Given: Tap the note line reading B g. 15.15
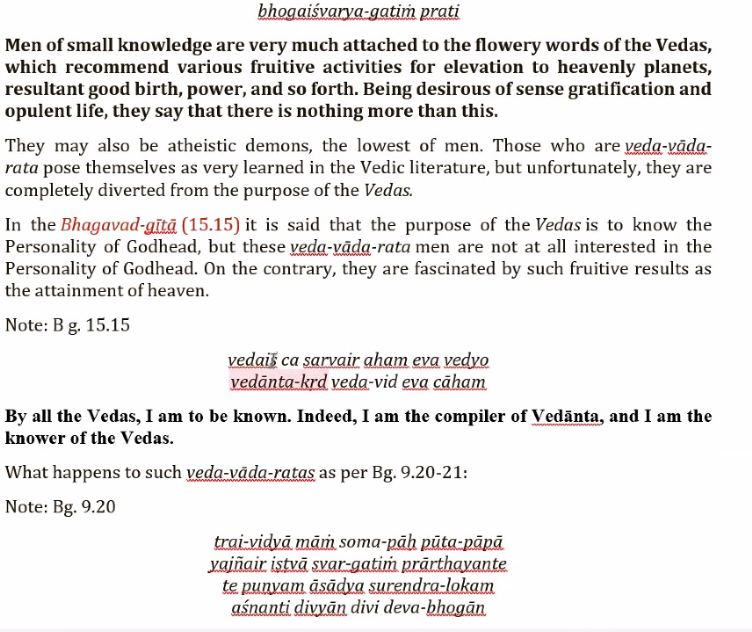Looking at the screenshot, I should click(68, 325).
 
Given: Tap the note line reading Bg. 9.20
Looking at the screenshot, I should click(61, 507).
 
